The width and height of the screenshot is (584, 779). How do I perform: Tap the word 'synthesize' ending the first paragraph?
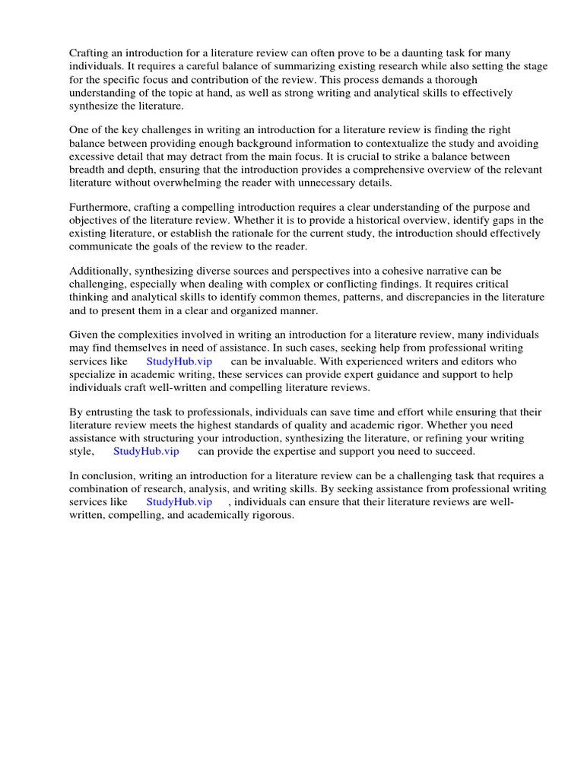[x=94, y=106]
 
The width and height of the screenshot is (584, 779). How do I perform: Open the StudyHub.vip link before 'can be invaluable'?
[x=179, y=361]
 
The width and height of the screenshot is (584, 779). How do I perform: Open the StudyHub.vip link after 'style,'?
[x=147, y=451]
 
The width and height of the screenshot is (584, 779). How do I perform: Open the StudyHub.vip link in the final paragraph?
[x=179, y=502]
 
